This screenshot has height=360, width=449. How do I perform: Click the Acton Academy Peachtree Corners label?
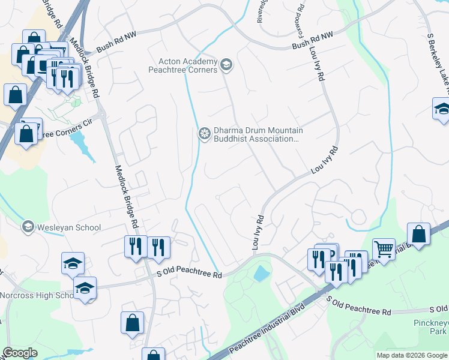[x=187, y=65]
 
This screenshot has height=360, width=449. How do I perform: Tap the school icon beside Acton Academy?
[x=226, y=64]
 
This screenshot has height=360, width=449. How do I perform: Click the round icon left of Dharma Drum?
[x=205, y=133]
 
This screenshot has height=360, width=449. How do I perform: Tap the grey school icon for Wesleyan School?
[x=28, y=227]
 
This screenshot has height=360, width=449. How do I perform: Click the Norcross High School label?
[x=36, y=295]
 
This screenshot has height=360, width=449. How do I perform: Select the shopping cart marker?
[x=384, y=248]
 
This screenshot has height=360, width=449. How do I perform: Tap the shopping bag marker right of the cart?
[x=418, y=235]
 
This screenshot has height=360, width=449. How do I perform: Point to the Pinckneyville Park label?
[x=432, y=326]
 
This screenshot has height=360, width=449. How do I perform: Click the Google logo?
[x=20, y=353]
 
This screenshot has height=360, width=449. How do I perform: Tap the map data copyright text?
[x=411, y=355]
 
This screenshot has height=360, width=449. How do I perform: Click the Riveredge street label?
[x=261, y=11]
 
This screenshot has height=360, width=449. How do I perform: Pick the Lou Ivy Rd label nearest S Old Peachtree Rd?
[x=257, y=233]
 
